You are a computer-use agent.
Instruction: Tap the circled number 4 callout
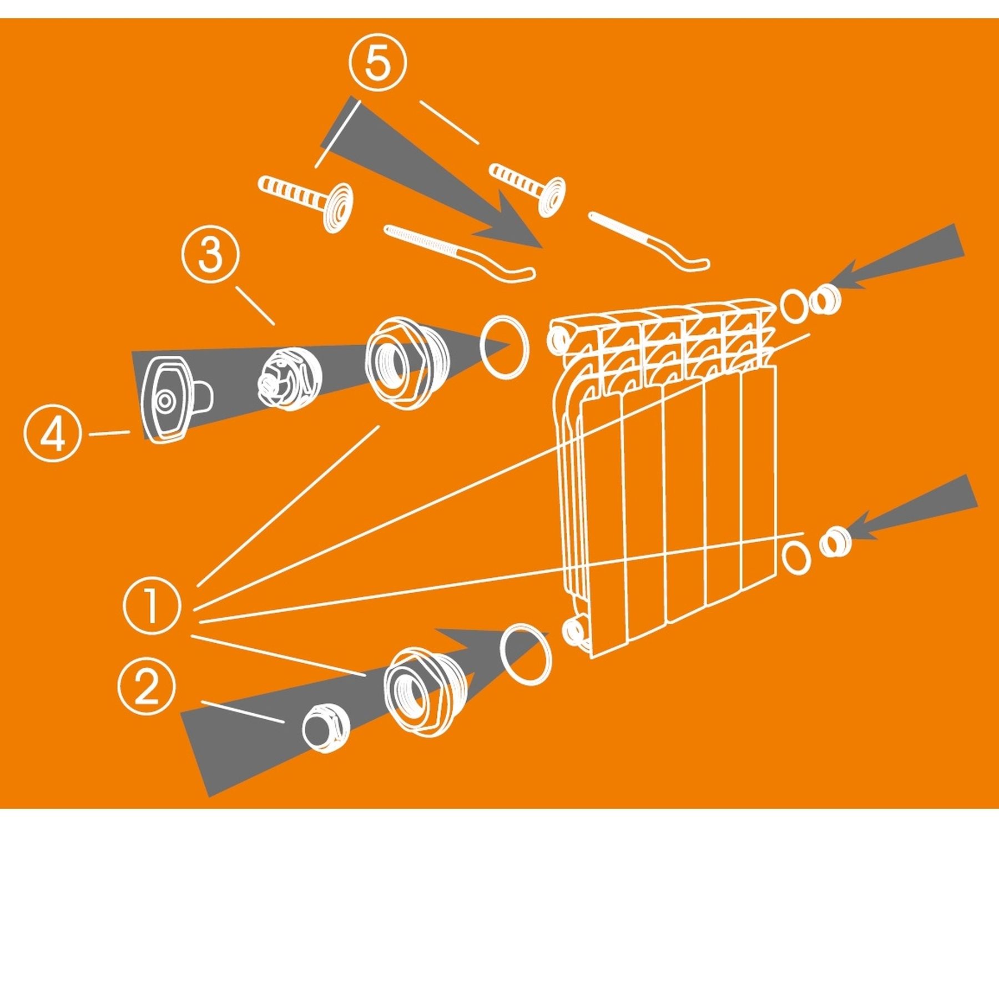(x=53, y=433)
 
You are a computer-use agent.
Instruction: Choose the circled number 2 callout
(x=147, y=688)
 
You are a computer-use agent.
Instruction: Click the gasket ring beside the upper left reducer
(x=504, y=347)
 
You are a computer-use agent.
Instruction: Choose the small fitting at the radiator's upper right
(x=825, y=300)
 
